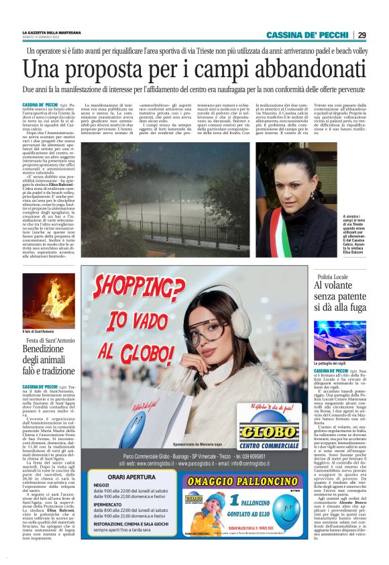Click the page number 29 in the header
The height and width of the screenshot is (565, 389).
pos(362,35)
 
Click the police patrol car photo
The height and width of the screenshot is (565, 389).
pos(339,339)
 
